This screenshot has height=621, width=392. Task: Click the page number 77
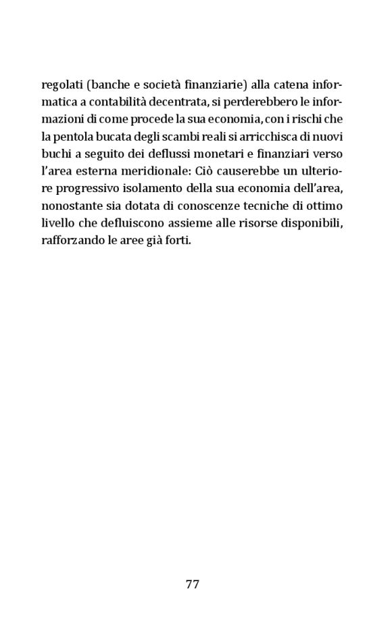pyautogui.click(x=192, y=584)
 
